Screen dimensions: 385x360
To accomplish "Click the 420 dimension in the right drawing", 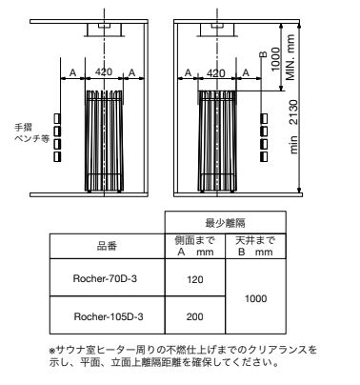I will [216, 72].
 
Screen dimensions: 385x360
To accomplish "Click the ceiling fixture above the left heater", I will [98, 30].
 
